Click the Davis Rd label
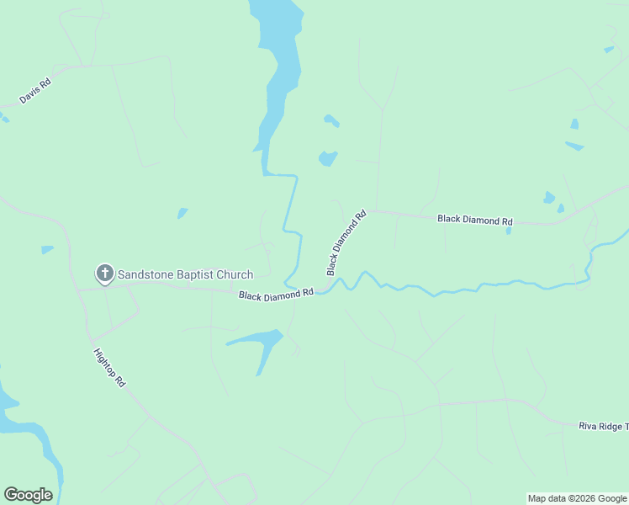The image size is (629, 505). pos(35,92)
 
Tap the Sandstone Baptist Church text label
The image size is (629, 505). pos(185,274)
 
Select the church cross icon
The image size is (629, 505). pos(104,273)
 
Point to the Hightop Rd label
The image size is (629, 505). pos(109,368)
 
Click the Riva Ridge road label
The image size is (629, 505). pos(603,427)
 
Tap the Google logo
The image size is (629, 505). pos(28,495)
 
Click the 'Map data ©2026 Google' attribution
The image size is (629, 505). pos(578,498)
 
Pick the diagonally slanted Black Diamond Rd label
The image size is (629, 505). pos(347,242)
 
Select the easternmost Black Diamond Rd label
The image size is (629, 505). pos(474,220)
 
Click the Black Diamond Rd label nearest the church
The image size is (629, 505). pos(276,295)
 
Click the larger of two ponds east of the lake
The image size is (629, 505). pos(327,158)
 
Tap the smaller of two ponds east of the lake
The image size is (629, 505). pos(331,121)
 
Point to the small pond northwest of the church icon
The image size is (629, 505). pos(46,249)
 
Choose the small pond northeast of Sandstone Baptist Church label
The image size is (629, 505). pos(182,213)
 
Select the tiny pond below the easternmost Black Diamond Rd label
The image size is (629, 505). pos(509,231)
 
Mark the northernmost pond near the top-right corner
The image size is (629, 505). pos(609,50)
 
